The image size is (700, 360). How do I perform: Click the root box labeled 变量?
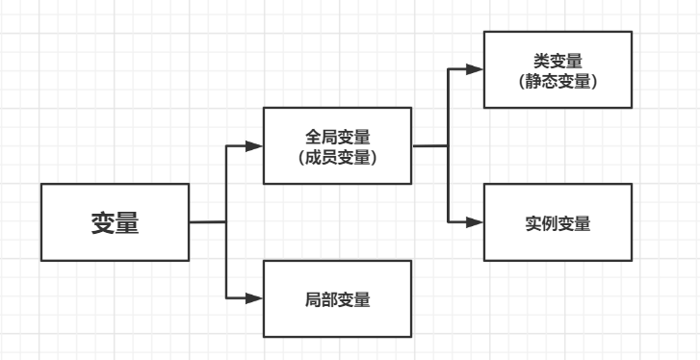coord(115,222)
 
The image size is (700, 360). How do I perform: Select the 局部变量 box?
coord(337,298)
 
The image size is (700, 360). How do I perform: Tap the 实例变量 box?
coord(557,222)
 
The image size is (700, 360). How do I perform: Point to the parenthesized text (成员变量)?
coord(337,157)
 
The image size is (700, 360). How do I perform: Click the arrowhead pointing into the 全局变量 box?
coord(254,146)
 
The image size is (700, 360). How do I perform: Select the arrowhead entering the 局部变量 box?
coord(254,298)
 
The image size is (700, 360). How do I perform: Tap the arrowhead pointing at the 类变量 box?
coord(474,69)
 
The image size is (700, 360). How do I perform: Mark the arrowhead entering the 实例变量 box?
coord(474,222)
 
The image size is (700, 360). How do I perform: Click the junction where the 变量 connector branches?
coord(225,222)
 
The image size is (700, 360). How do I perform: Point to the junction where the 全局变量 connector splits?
coord(448,146)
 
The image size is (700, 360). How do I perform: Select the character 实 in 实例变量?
coord(532,222)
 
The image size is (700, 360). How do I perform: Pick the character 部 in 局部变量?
coord(328,298)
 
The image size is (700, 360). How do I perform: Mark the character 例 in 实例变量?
coord(549,222)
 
